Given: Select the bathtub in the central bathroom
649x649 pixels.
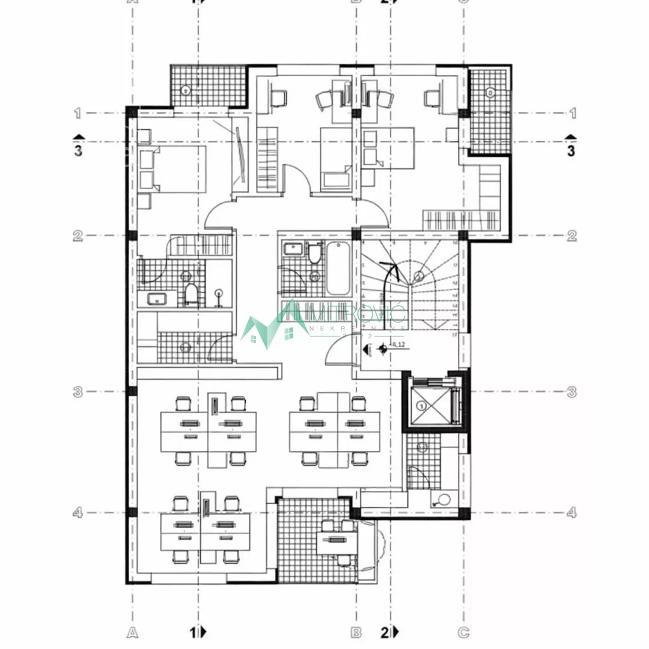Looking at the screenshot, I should (338, 268).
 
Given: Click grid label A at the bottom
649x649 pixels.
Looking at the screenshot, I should (133, 632).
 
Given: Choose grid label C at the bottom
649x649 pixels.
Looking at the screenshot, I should (463, 632).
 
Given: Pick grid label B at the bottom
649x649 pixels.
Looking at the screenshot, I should (356, 632).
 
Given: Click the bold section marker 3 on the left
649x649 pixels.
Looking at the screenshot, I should (78, 150).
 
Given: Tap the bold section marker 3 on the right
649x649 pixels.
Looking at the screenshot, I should (571, 150).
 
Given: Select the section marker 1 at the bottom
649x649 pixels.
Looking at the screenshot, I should (197, 632).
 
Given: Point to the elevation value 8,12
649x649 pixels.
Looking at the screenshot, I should (398, 345).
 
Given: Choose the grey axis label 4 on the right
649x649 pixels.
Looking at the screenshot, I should (571, 513).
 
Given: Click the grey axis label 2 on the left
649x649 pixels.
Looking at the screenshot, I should (78, 236).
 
